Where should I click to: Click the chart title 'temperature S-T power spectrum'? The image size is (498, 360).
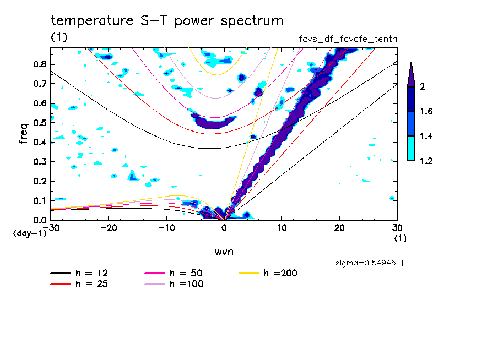click(x=167, y=21)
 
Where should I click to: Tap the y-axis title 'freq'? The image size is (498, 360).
click(x=23, y=133)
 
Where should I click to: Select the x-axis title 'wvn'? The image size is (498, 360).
click(x=224, y=252)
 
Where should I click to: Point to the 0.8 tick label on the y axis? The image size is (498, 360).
click(x=39, y=64)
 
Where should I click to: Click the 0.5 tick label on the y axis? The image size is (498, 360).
click(x=39, y=123)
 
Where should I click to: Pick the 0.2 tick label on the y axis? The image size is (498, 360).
click(x=39, y=181)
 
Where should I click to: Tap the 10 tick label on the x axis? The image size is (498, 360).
click(x=282, y=228)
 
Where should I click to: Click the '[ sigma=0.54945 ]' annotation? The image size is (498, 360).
click(x=366, y=263)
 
